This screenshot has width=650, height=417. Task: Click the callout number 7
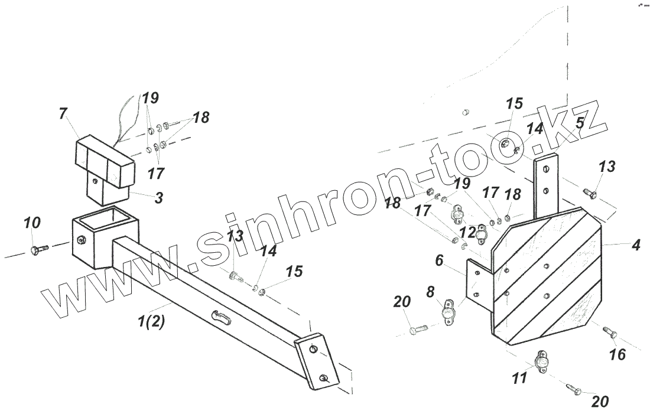tap(63, 114)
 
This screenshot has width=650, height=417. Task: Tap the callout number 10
tap(32, 224)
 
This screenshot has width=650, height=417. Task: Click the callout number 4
tap(635, 245)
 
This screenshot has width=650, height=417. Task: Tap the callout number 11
tap(519, 377)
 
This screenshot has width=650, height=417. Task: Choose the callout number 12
tap(467, 231)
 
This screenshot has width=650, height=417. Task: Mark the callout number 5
tap(580, 123)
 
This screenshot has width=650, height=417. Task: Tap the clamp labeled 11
tap(542, 360)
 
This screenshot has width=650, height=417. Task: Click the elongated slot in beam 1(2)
tap(222, 316)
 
